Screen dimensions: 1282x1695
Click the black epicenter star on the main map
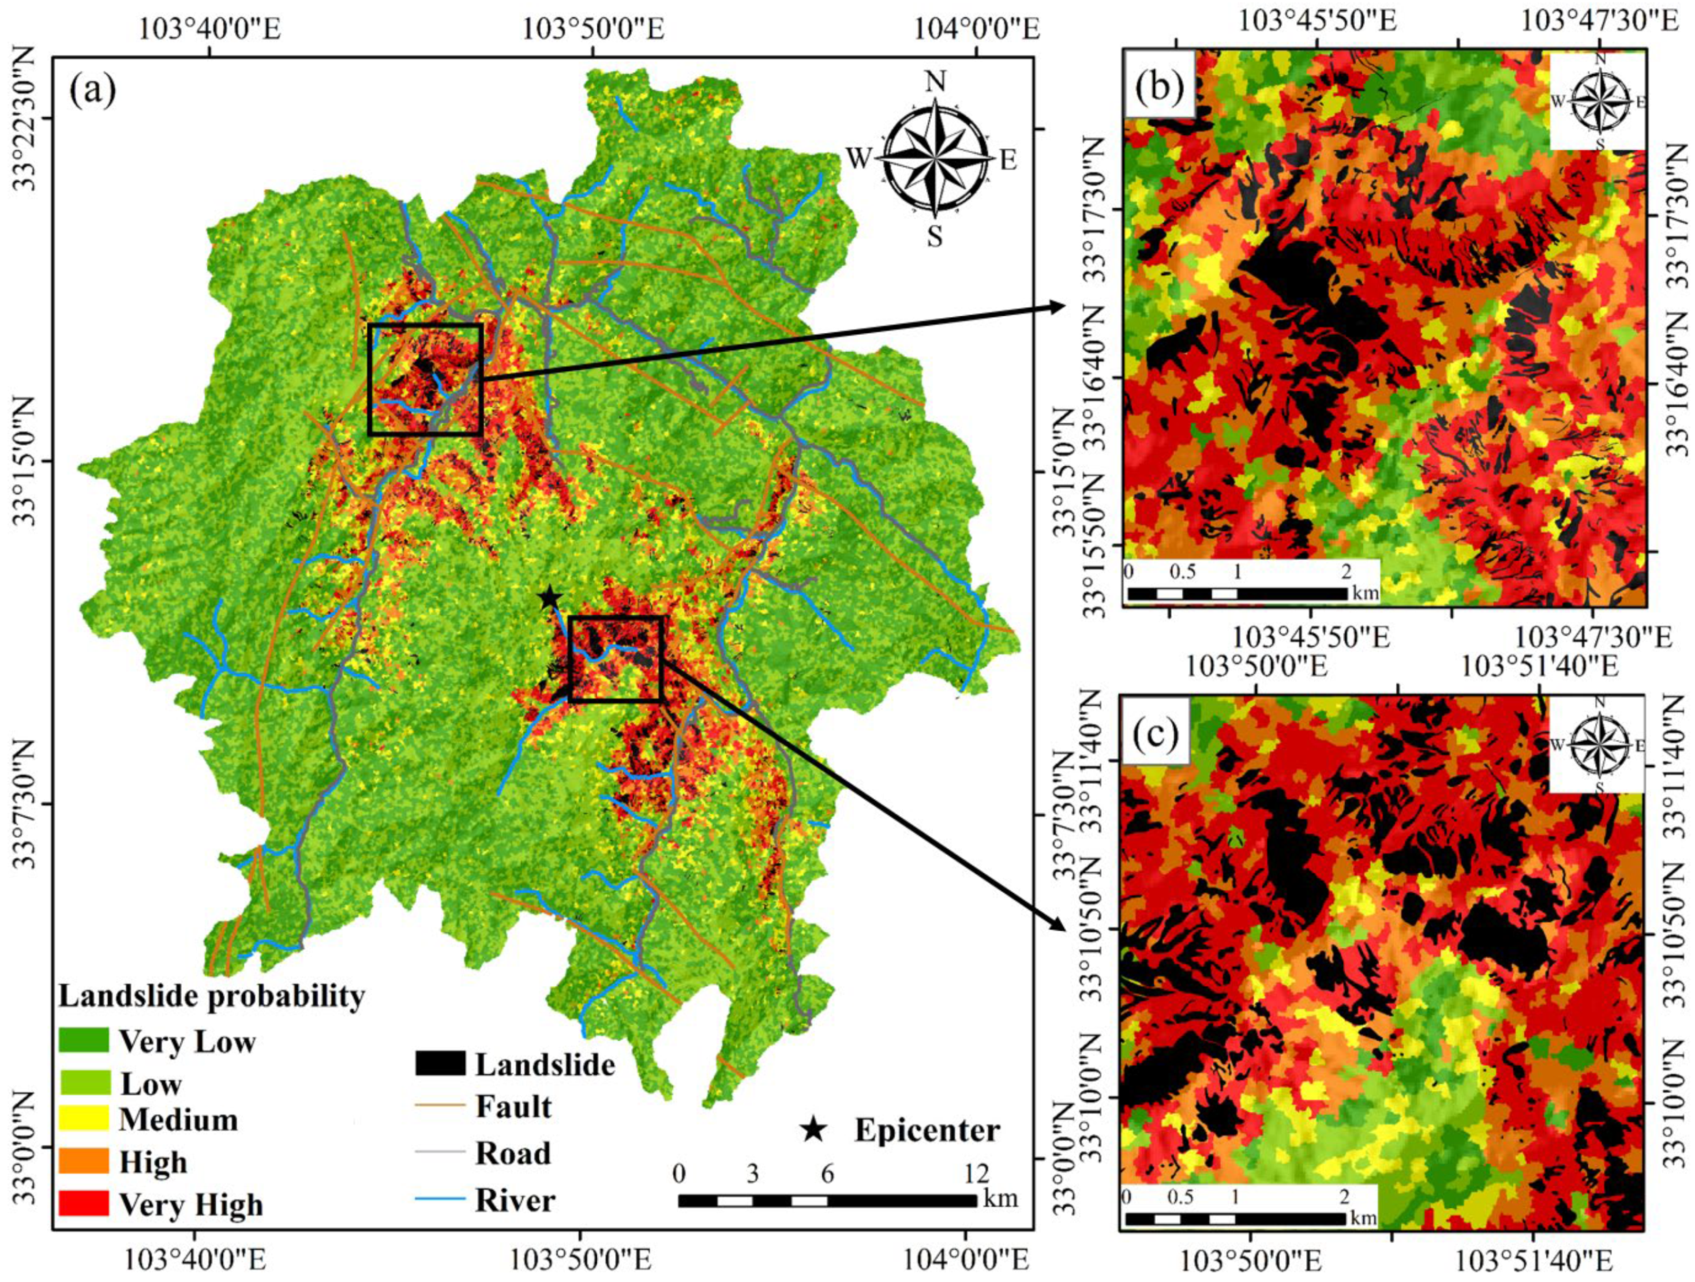pos(549,597)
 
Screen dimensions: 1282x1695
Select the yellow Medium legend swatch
pos(82,1119)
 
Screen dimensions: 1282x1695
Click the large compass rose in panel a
pos(934,161)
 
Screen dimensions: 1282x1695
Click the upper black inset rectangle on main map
pos(425,325)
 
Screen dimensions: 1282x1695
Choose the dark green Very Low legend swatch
pos(82,1039)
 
